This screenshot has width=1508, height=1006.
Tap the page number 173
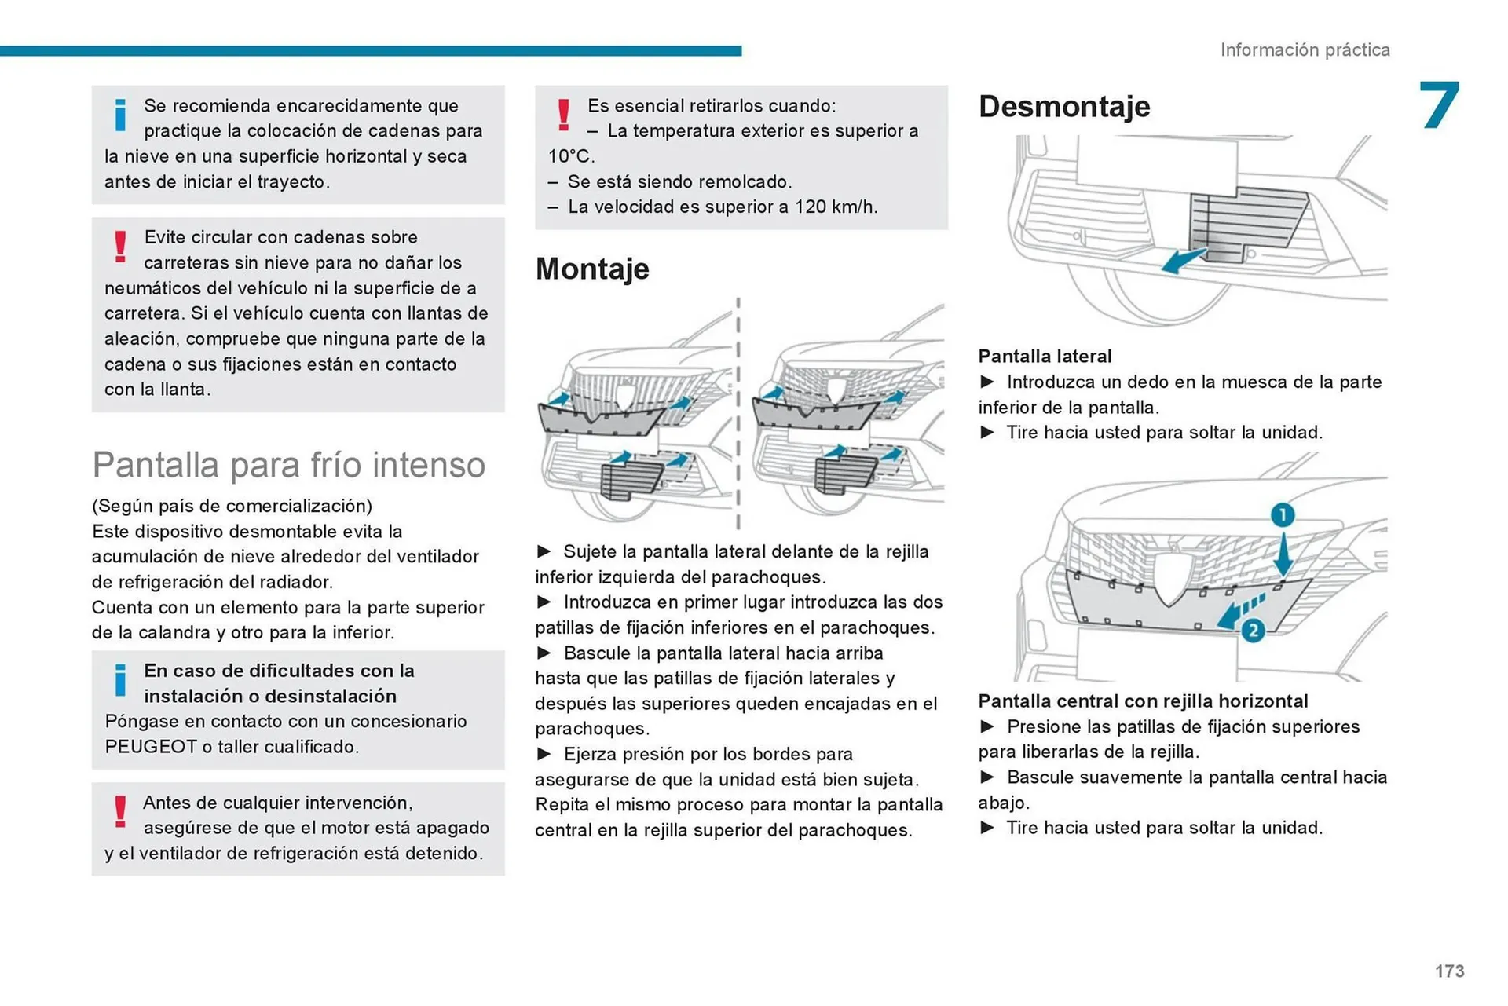click(x=1449, y=971)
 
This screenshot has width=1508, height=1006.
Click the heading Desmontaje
click(x=1063, y=106)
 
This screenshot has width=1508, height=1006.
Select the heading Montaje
click(x=592, y=269)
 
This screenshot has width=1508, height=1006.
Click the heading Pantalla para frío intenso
click(x=288, y=464)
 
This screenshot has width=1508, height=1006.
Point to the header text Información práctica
click(x=1305, y=49)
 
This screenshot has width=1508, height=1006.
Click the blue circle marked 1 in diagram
click(x=1282, y=515)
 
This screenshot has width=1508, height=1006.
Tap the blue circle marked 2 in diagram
click(x=1253, y=630)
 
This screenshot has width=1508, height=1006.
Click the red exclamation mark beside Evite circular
click(x=120, y=247)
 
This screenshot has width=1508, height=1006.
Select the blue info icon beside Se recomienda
click(x=120, y=115)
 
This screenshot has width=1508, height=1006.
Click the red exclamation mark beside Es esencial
click(x=563, y=115)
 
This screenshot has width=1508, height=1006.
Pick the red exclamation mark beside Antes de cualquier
click(x=120, y=811)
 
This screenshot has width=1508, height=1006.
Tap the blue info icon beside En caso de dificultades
click(x=120, y=679)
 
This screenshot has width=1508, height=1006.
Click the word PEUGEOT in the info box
click(x=151, y=746)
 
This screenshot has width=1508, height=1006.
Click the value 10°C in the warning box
click(x=571, y=155)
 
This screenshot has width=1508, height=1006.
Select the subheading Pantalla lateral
click(x=1045, y=356)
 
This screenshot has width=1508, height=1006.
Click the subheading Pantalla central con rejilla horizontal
click(x=1143, y=701)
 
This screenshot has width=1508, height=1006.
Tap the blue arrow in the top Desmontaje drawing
click(x=1183, y=260)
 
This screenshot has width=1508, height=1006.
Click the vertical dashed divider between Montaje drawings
click(x=738, y=412)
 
